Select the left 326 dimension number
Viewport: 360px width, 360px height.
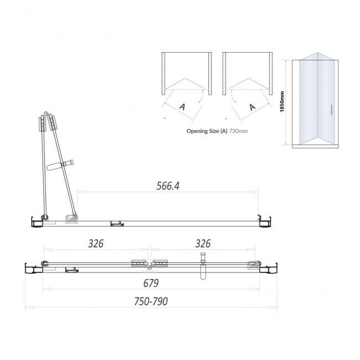pos(96,244)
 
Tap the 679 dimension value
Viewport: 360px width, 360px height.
pos(151,283)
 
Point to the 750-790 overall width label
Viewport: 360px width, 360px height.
pos(150,301)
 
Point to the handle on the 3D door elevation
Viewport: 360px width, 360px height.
pos(331,109)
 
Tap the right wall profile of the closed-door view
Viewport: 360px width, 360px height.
pos(270,269)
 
